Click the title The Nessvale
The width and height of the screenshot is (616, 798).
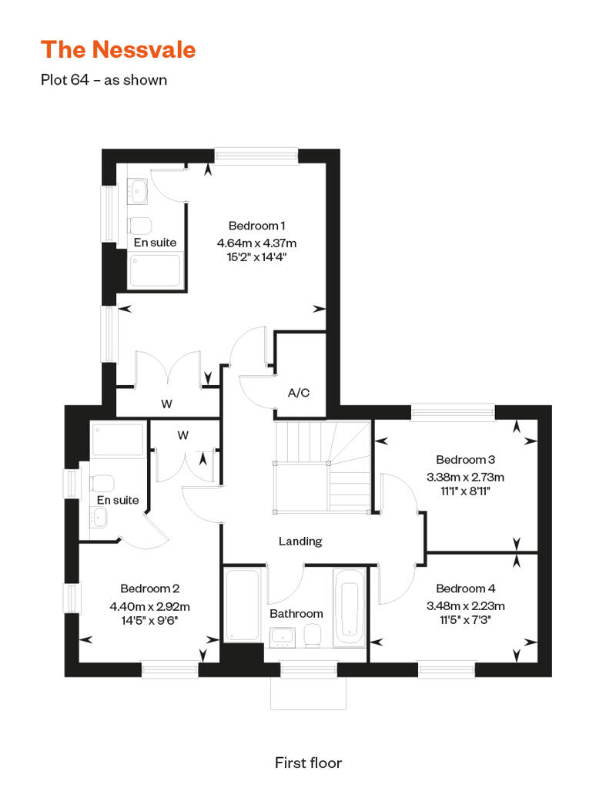coord(118,50)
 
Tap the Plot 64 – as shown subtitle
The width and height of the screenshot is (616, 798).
coord(104,80)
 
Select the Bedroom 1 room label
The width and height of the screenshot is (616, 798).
coord(256,226)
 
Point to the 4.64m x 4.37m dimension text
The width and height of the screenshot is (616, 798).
coord(256,243)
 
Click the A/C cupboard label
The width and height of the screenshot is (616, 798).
coord(299,392)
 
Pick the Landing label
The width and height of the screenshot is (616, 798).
coord(300,541)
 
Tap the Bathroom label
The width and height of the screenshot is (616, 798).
coord(296,613)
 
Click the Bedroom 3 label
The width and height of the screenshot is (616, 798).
coord(465,460)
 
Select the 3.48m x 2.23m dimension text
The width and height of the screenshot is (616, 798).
coord(465,605)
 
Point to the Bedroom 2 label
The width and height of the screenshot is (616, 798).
coord(149,588)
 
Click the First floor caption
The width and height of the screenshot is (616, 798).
coord(308,763)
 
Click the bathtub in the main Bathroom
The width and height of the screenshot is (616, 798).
coord(350,608)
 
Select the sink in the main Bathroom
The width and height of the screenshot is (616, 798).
coord(283,637)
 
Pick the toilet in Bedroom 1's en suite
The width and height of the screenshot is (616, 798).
coord(139,224)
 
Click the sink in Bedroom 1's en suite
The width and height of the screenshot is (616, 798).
coord(137,191)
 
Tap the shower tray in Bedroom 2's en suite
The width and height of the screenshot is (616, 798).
coord(118,439)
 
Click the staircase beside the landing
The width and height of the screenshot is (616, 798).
coord(323,466)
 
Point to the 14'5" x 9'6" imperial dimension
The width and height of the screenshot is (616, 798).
coord(149,620)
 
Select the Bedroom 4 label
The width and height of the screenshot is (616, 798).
coord(465,588)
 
